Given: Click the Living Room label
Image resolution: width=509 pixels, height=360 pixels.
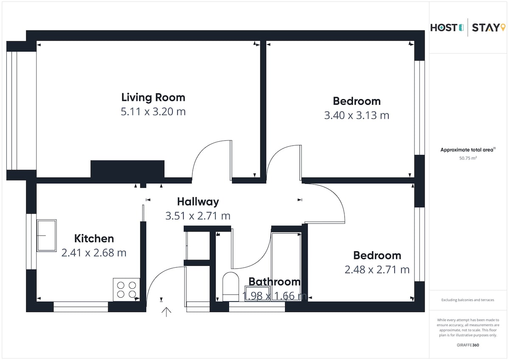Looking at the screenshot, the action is (x=153, y=98).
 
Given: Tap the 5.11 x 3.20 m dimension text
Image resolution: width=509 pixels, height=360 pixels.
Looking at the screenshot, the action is (x=153, y=112).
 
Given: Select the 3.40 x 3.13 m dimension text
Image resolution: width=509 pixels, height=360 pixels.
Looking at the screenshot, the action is (x=357, y=115).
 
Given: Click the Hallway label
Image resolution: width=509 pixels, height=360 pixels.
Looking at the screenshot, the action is (x=198, y=202).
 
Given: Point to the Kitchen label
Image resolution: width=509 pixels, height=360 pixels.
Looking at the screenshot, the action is (x=94, y=238).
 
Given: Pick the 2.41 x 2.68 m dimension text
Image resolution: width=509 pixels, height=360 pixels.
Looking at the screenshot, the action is (x=94, y=253).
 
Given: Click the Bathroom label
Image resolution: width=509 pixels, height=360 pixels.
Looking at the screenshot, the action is (x=274, y=282).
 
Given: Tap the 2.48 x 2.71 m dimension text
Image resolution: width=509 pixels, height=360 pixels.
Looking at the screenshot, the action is (x=377, y=270).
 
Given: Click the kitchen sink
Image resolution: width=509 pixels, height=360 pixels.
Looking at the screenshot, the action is (x=47, y=235).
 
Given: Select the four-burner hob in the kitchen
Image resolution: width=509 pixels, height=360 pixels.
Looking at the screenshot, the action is (x=126, y=290).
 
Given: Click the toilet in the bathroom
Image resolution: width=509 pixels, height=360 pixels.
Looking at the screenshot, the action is (x=231, y=287).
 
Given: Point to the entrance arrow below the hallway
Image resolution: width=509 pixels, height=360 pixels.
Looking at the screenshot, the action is (x=166, y=312).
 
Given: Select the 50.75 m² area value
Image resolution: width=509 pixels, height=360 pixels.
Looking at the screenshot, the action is (x=468, y=158).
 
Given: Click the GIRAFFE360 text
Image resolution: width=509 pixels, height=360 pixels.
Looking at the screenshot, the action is (x=468, y=345).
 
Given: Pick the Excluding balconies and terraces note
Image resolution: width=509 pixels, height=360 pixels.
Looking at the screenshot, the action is (x=467, y=300).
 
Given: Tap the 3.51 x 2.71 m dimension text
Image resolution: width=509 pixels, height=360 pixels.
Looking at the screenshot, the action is (x=198, y=216).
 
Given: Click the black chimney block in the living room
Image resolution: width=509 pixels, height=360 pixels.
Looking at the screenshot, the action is (x=128, y=169).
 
